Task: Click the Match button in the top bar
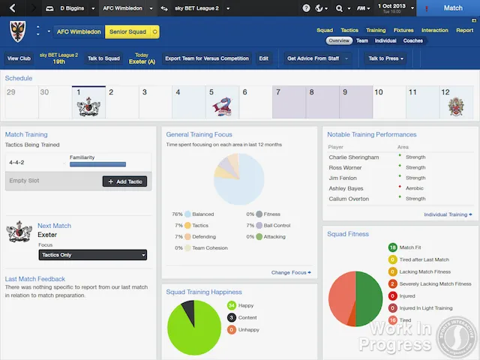(453, 7)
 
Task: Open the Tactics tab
(349, 31)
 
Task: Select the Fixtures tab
(403, 31)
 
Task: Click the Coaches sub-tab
(413, 40)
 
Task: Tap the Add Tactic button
(124, 181)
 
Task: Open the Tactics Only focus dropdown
(92, 255)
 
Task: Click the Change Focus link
(290, 272)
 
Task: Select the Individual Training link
(448, 214)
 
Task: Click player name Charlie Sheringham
(353, 157)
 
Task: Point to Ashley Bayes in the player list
(346, 188)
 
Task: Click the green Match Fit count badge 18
(392, 247)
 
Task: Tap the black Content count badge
(231, 317)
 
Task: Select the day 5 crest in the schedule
(221, 106)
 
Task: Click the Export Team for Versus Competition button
(207, 58)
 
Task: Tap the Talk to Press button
(386, 58)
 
